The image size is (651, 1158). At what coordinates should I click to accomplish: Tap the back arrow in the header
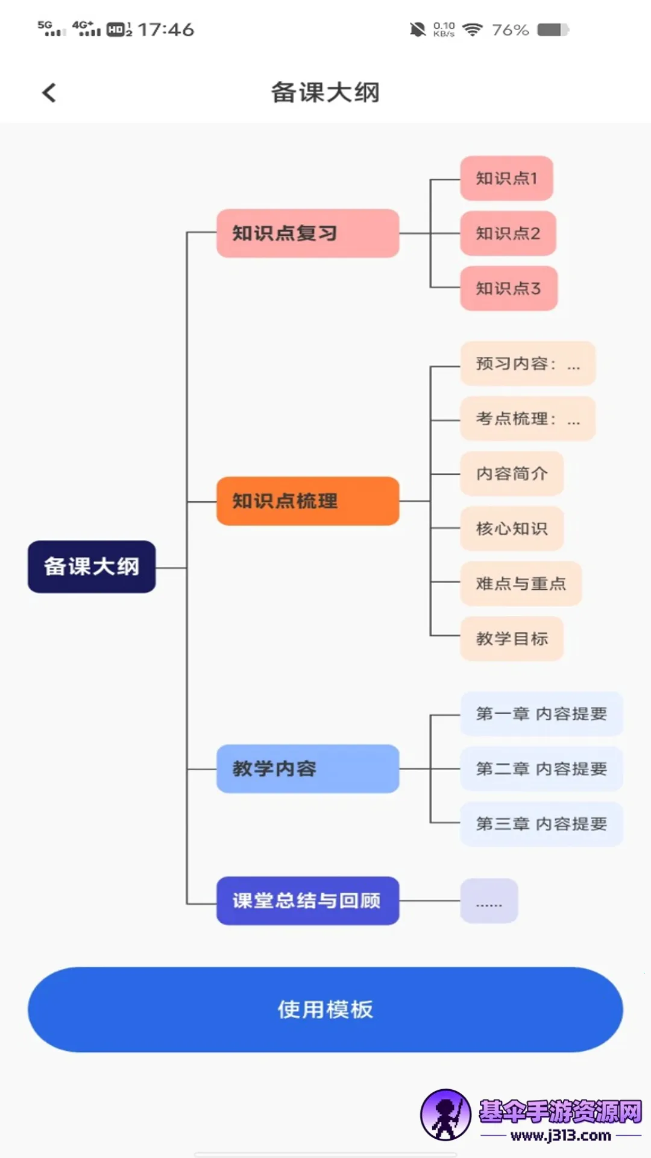[x=49, y=93]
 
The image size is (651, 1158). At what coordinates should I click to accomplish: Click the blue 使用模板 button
[x=325, y=1010]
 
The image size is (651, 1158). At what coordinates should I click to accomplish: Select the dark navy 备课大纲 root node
[x=92, y=567]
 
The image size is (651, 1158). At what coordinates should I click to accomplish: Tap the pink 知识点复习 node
[x=307, y=233]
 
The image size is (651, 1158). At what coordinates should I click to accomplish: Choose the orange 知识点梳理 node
[x=307, y=501]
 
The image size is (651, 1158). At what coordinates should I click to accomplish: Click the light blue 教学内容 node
[x=307, y=769]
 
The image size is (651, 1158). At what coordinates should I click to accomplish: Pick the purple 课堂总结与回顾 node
[x=307, y=900]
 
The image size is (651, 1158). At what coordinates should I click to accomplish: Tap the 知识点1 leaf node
[x=506, y=179]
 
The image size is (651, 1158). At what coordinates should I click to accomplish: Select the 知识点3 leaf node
[x=508, y=288]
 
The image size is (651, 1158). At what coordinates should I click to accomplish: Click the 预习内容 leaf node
[x=527, y=364]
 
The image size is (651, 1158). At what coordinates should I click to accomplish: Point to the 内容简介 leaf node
[x=512, y=474]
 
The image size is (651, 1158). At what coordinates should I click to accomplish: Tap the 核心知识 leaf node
[x=512, y=529]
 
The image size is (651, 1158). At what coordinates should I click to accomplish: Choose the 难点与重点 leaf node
[x=521, y=584]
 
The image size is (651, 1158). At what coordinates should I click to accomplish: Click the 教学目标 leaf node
[x=512, y=639]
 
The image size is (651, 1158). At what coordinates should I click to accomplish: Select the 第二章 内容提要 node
[x=541, y=769]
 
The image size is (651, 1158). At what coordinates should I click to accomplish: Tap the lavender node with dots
[x=489, y=901]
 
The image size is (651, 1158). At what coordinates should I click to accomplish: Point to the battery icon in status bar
[x=553, y=30]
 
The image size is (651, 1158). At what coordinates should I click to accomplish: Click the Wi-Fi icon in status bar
[x=473, y=30]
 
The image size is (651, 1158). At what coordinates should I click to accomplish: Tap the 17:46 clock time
[x=166, y=30]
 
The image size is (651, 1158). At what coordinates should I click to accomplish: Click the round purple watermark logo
[x=445, y=1115]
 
